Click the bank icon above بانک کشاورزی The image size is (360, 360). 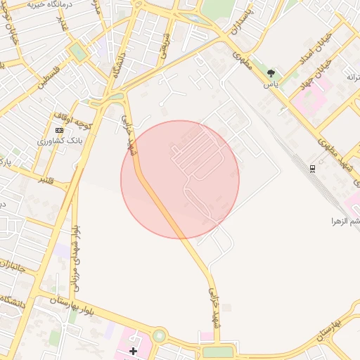point(59,130)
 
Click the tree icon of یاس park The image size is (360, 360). point(271,73)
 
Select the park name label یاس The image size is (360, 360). point(271,84)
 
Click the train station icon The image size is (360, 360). point(312,168)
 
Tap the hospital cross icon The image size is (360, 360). point(134,350)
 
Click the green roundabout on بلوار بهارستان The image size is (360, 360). point(159,336)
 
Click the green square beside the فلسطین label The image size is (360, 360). point(78,52)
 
